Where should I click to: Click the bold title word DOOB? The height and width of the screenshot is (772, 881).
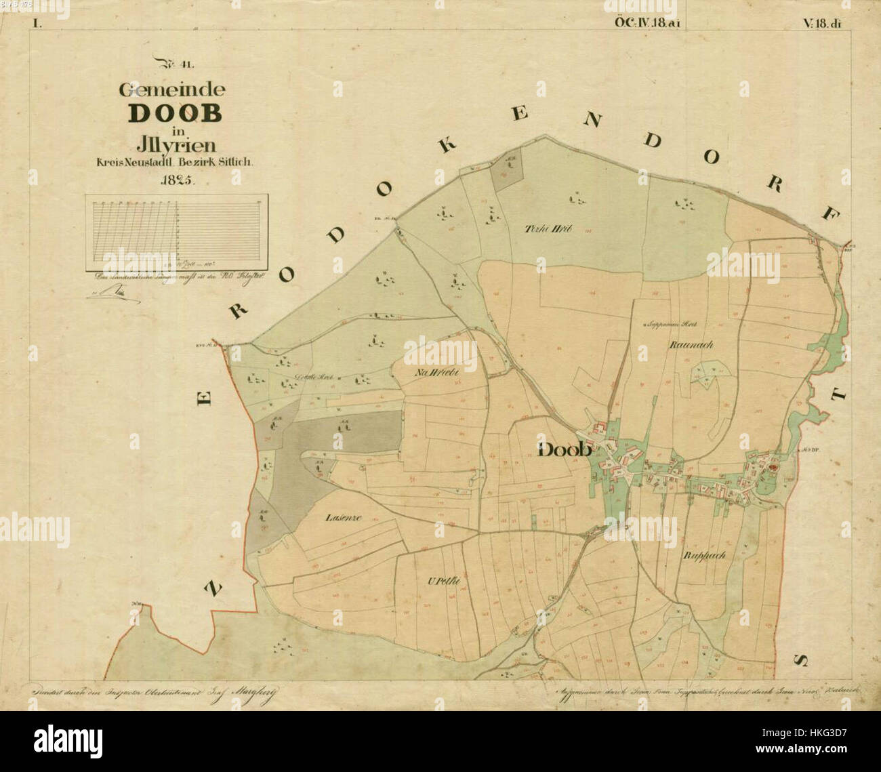click(x=175, y=113)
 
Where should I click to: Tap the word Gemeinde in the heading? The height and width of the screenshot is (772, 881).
click(x=172, y=89)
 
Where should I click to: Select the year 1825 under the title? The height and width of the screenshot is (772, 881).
click(x=177, y=180)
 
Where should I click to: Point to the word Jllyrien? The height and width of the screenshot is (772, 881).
click(x=176, y=144)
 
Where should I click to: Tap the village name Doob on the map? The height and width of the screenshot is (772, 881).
click(x=565, y=449)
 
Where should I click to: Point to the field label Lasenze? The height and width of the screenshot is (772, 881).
click(x=343, y=517)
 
